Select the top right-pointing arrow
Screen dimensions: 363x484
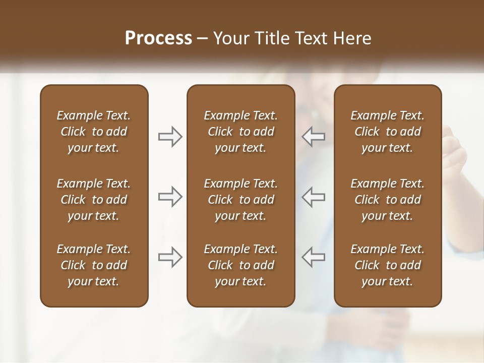(x=170, y=137)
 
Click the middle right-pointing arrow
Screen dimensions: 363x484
(x=170, y=197)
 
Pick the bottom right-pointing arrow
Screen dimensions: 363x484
(x=170, y=257)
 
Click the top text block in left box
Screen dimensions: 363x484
(x=94, y=132)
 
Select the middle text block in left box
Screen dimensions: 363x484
(x=94, y=200)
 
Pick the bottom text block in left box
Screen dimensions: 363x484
(x=94, y=265)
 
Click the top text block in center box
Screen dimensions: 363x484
(x=241, y=132)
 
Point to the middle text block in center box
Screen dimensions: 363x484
(x=241, y=200)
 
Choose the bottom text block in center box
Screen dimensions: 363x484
(x=241, y=265)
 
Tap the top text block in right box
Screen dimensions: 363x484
(x=388, y=132)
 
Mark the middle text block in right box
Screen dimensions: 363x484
(x=388, y=200)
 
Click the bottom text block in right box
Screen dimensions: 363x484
(x=388, y=265)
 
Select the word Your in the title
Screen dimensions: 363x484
(x=231, y=38)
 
